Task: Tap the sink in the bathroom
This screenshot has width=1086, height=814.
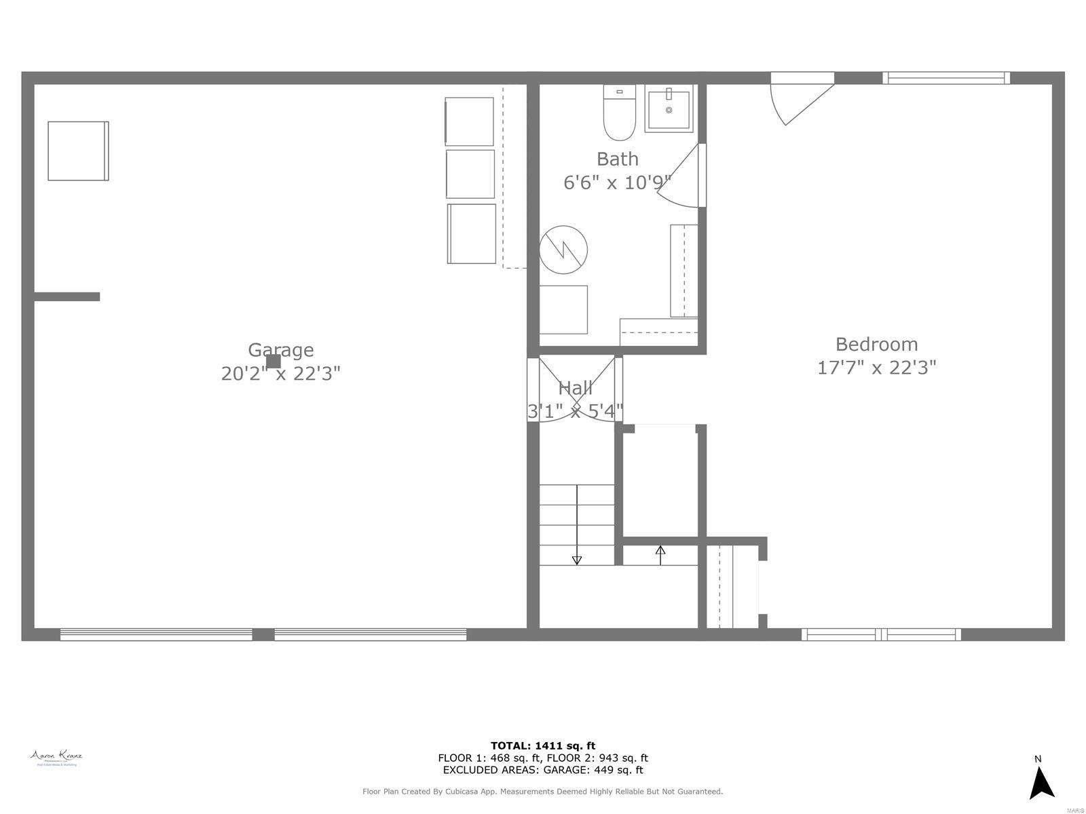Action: pos(669,109)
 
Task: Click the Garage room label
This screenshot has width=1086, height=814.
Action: pos(280,350)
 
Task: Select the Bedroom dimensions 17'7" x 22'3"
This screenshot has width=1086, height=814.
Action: pos(876,368)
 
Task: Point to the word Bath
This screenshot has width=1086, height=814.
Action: pos(617,159)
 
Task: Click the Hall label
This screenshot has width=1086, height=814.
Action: pos(575,388)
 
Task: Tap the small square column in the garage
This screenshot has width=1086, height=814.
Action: pos(273,362)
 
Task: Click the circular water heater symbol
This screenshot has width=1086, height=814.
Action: pos(563,250)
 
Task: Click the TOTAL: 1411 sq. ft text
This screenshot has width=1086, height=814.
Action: pos(543,746)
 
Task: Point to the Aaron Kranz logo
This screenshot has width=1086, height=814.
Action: pos(56,758)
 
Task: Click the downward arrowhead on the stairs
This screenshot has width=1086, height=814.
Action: pos(577,560)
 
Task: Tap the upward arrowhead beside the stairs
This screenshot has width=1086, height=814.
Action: pos(660,550)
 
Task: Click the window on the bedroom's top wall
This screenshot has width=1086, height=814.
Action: pos(945,78)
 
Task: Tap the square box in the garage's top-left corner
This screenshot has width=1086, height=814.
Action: pos(78,151)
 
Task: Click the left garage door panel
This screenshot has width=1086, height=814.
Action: pos(156,635)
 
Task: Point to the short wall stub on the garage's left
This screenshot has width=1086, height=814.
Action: pos(67,296)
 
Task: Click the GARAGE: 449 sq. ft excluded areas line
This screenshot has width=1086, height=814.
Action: pos(543,770)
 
